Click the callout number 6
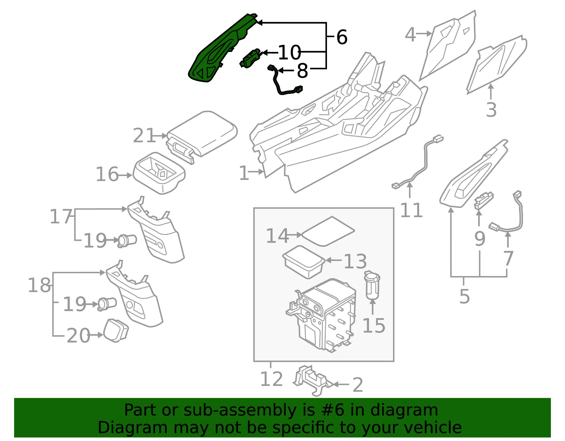pyautogui.click(x=342, y=37)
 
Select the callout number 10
pyautogui.click(x=290, y=52)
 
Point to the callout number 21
pyautogui.click(x=144, y=135)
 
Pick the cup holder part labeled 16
pyautogui.click(x=159, y=173)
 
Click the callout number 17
pyautogui.click(x=61, y=216)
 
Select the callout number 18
pyautogui.click(x=39, y=285)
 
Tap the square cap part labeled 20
pyautogui.click(x=116, y=330)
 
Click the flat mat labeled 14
pyautogui.click(x=328, y=231)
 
